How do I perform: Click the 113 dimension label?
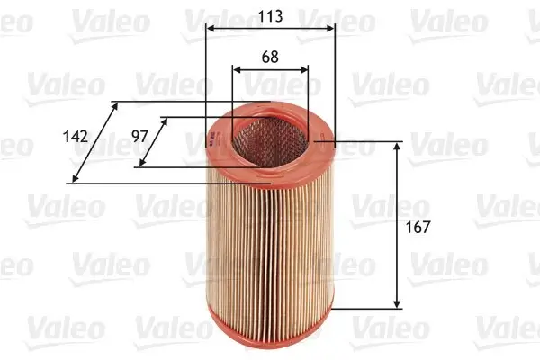click(x=270, y=16)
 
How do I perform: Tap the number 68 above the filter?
click(x=270, y=56)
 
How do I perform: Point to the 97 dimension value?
click(x=139, y=136)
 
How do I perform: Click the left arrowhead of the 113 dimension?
click(x=210, y=29)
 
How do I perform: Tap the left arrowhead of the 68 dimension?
click(x=237, y=68)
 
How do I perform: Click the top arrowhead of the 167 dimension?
click(x=398, y=147)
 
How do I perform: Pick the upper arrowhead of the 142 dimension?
click(x=114, y=106)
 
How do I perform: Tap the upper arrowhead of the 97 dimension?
click(x=163, y=121)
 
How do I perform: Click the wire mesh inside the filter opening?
click(x=270, y=138)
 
